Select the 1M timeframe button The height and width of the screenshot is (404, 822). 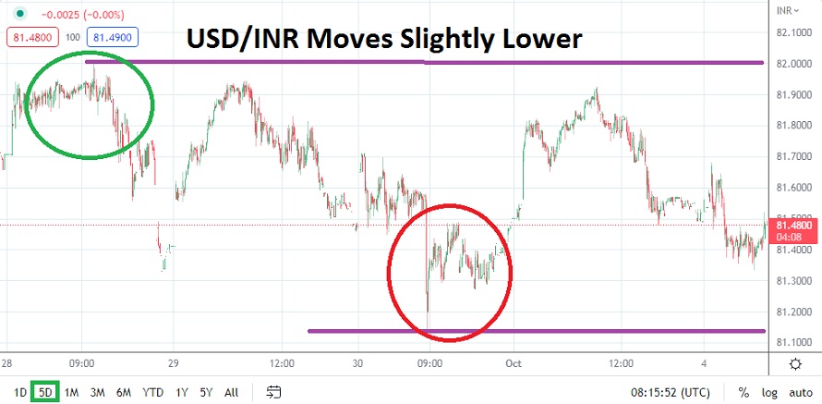coord(71,392)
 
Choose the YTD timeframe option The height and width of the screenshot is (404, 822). coord(152,392)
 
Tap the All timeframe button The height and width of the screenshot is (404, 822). coord(231,392)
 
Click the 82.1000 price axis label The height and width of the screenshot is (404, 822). coord(795,32)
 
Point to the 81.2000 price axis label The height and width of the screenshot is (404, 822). coord(795,312)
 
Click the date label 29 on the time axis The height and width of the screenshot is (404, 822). coord(173,363)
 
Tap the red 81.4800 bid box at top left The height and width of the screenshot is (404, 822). coord(32,38)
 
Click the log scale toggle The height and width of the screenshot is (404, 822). coord(768,392)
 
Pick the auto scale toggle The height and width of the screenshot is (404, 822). coord(799,392)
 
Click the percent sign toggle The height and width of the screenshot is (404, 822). coord(743,392)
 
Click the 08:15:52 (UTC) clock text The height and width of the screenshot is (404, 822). coord(671,392)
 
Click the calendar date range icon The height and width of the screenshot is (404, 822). coord(273,392)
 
